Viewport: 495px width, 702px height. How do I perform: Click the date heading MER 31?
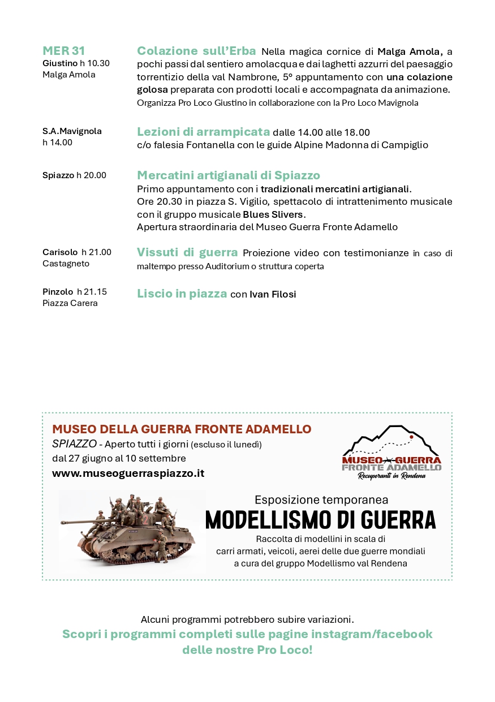(x=64, y=51)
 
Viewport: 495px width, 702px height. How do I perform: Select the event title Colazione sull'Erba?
(x=196, y=51)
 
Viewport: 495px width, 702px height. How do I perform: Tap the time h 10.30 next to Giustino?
(x=94, y=63)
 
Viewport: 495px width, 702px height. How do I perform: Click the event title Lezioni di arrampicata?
(x=203, y=132)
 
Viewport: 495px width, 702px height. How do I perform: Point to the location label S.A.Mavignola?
(x=72, y=131)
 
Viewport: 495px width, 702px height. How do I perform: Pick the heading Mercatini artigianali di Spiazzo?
(x=229, y=175)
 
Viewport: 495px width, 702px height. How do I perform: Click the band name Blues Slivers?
(x=273, y=214)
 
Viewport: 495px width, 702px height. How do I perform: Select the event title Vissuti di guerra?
(x=187, y=252)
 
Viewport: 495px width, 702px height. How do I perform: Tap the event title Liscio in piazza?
(x=182, y=294)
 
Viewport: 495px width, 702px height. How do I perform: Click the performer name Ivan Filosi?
(x=273, y=294)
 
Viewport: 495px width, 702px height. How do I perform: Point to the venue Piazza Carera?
(x=70, y=303)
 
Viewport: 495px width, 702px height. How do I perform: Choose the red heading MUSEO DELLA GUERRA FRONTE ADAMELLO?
(x=182, y=429)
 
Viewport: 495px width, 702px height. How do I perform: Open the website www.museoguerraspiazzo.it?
(x=128, y=473)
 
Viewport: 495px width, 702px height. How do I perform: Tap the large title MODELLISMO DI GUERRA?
(x=320, y=519)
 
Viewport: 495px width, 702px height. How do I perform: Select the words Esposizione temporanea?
(x=321, y=499)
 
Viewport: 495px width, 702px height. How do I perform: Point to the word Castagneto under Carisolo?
(x=66, y=264)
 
